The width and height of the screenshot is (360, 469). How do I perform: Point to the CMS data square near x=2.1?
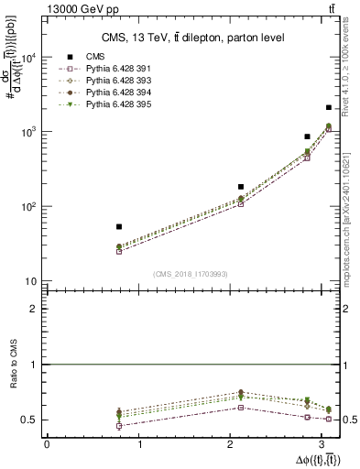(241, 186)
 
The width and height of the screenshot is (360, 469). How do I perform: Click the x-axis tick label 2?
(233, 445)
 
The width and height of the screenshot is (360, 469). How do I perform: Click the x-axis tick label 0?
(47, 445)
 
